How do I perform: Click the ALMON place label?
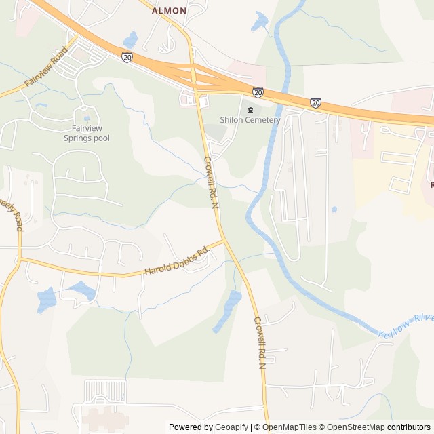pyautogui.click(x=169, y=11)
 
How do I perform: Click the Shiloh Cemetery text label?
pyautogui.click(x=250, y=120)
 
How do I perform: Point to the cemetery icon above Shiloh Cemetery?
pyautogui.click(x=250, y=109)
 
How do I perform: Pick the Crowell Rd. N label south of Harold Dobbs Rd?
pyautogui.click(x=260, y=342)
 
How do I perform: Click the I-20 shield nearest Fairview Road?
pyautogui.click(x=127, y=58)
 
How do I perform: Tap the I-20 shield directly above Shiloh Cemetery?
pyautogui.click(x=258, y=92)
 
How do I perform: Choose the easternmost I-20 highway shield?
pyautogui.click(x=316, y=102)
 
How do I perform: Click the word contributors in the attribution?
pyautogui.click(x=409, y=427)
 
